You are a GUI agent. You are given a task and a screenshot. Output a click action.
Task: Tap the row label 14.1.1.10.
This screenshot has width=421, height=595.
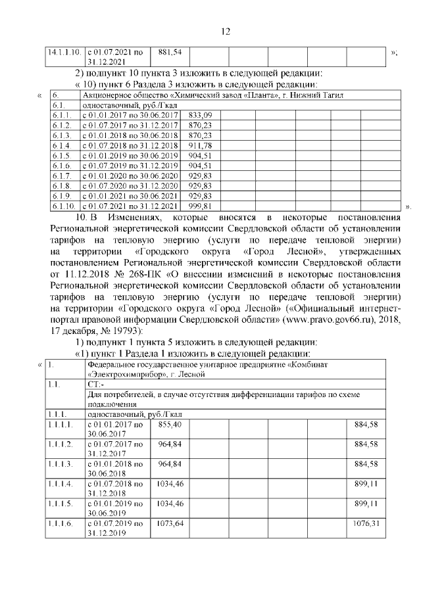(64, 51)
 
